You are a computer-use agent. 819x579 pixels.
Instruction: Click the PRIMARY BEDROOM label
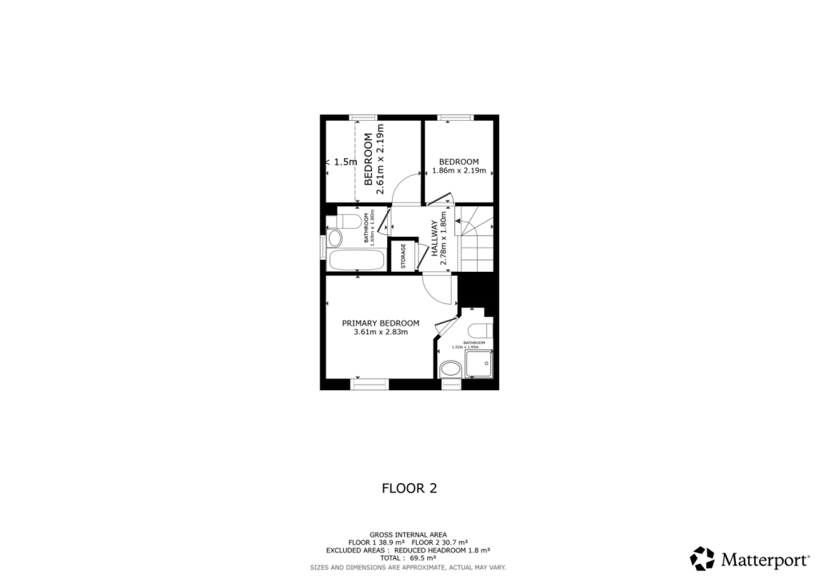380,323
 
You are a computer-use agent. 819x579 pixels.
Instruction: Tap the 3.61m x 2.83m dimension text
380,333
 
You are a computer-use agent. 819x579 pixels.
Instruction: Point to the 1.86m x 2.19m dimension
458,170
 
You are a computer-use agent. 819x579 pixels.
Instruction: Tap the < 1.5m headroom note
342,162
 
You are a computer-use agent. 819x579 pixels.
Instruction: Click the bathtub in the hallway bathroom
358,260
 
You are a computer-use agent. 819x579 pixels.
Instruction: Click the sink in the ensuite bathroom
450,369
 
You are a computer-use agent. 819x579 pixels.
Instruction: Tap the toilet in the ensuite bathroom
480,330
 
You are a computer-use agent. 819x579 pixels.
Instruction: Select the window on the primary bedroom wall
370,385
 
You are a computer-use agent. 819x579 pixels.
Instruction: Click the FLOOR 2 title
409,488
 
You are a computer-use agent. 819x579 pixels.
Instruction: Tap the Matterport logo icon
702,558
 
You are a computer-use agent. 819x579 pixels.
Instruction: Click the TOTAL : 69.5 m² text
408,559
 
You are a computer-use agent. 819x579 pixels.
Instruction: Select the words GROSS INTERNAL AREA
408,534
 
